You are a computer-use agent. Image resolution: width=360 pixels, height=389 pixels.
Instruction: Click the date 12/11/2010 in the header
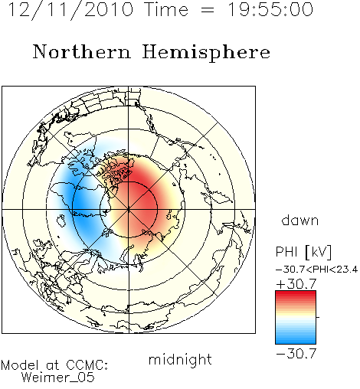70,9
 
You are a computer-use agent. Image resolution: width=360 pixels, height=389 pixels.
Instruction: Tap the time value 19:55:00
270,9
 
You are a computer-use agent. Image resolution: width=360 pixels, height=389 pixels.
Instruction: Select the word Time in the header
166,9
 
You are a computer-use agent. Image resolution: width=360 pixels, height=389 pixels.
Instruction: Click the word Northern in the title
82,51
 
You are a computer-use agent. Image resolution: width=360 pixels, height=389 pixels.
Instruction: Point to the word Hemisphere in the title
206,53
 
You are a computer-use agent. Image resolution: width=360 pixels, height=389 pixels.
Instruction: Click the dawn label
300,220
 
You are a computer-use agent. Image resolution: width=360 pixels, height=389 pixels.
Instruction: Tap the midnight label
180,359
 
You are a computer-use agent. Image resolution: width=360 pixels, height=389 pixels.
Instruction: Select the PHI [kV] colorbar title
303,252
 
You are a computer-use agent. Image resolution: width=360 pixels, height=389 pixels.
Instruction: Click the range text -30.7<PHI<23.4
317,270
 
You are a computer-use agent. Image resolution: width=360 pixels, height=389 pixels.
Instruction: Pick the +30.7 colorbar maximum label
296,283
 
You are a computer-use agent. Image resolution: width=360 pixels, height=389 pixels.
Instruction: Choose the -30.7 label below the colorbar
296,354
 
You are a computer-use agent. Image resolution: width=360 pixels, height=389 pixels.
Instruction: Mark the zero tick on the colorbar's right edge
318,317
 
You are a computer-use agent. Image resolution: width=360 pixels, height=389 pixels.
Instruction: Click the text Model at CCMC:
54,365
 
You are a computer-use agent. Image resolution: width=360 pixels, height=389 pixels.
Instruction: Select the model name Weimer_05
58,378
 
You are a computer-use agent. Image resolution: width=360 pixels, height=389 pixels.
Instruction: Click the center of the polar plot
129,209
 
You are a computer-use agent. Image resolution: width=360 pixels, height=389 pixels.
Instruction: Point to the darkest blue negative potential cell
80,204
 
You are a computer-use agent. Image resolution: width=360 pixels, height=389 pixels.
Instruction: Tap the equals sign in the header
208,11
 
